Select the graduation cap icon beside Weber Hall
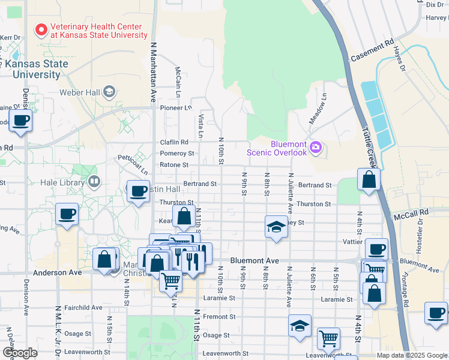point(109,92)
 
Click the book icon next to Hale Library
point(94,181)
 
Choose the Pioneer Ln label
point(176,108)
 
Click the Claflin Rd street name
point(174,142)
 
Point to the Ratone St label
point(174,164)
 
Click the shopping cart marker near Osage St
point(328,338)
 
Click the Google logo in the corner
point(19,353)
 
